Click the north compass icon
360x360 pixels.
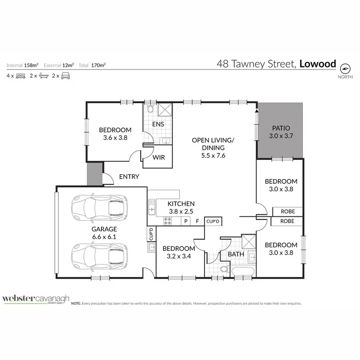tap(345, 67)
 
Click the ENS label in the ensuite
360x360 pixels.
tap(158, 124)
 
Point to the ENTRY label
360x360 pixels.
tap(129, 177)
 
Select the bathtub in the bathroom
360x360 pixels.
tap(243, 271)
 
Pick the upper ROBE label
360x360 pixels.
tap(287, 212)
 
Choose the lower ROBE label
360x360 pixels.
tap(287, 221)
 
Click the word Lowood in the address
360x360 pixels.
tap(317, 63)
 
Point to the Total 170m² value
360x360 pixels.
tap(98, 65)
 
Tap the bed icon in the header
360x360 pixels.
tap(20, 76)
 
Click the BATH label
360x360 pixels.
tap(236, 253)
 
